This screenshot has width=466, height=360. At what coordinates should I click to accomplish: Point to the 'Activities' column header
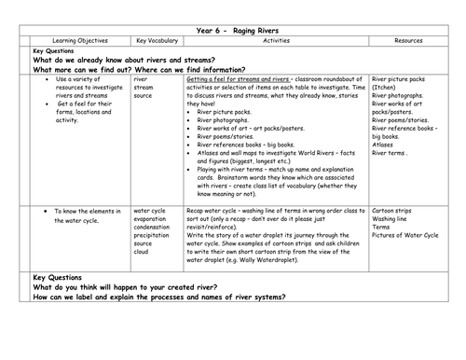274,42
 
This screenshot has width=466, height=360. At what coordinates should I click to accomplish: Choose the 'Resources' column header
412,42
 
